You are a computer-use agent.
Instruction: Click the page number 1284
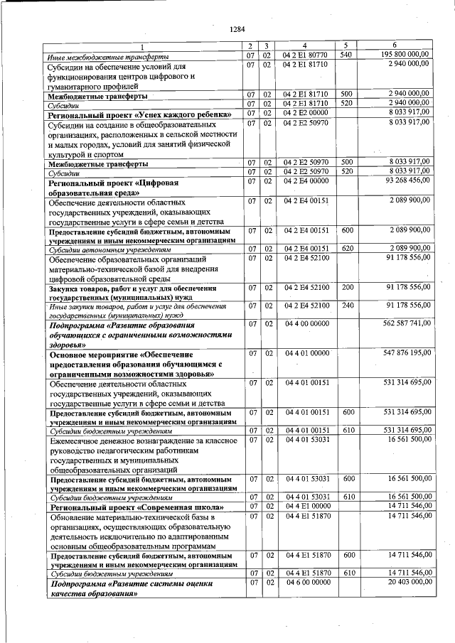pos(237,29)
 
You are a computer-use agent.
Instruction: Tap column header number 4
pos(304,45)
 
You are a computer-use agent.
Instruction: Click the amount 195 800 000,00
pos(405,54)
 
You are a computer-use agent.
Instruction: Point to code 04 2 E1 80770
pos(304,54)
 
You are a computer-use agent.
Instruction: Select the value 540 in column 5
pos(347,54)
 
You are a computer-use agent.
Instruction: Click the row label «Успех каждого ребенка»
pos(139,114)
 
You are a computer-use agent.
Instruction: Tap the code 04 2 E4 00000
pos(304,182)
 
